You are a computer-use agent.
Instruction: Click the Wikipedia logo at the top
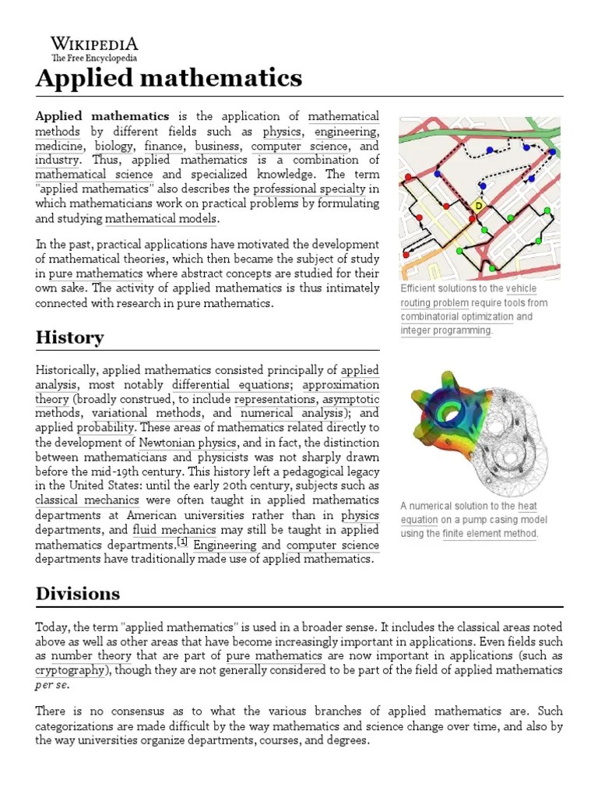(94, 48)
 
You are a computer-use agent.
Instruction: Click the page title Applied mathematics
(169, 78)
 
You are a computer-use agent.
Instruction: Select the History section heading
(70, 337)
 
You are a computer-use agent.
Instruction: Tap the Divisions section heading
(78, 594)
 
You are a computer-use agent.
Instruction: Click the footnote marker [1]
(182, 542)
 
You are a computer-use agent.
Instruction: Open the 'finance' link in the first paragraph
(164, 146)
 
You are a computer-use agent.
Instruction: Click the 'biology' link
(114, 146)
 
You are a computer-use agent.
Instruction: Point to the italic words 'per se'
(52, 685)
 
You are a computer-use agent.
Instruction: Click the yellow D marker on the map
(479, 205)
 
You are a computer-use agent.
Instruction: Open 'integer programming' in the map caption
(446, 330)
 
